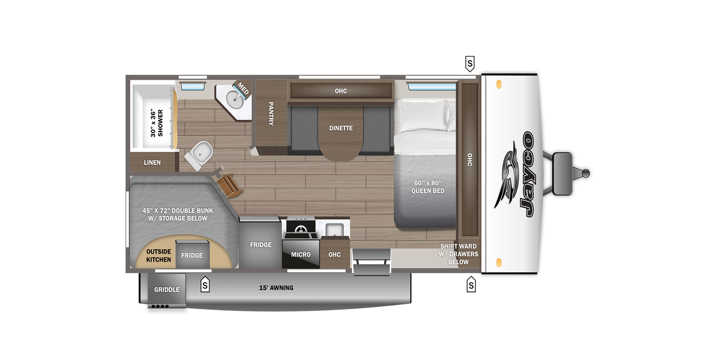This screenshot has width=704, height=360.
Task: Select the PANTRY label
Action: pyautogui.click(x=271, y=113)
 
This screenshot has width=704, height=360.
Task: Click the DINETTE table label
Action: pyautogui.click(x=341, y=128)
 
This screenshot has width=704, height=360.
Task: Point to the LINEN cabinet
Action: pyautogui.click(x=152, y=162)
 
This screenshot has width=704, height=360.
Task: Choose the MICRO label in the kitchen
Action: pyautogui.click(x=300, y=254)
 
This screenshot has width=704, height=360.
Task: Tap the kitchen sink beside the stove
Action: pyautogui.click(x=334, y=229)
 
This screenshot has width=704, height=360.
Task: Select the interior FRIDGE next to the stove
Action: pyautogui.click(x=260, y=245)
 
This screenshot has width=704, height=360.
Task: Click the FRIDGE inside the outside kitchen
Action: pyautogui.click(x=192, y=255)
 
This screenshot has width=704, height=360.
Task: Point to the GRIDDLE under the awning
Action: pyautogui.click(x=167, y=290)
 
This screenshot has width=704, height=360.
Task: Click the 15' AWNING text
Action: pyautogui.click(x=276, y=288)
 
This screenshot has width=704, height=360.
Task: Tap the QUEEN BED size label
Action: pyautogui.click(x=428, y=187)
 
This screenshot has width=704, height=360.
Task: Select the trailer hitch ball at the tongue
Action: pyautogui.click(x=585, y=173)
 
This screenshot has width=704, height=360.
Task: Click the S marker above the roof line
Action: pyautogui.click(x=470, y=63)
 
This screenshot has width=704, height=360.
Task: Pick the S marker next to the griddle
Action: pyautogui.click(x=205, y=285)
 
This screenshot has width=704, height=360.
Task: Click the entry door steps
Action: pyautogui.click(x=372, y=262)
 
